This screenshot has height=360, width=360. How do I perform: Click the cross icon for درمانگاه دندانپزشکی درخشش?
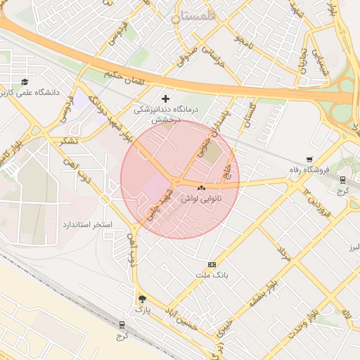(166, 98)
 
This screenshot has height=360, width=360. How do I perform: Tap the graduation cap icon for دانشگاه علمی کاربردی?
(26, 82)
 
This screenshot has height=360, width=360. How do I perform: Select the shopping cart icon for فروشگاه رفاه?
(310, 160)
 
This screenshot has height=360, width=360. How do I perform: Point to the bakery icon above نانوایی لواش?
(201, 188)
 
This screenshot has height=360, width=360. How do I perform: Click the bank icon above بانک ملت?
(212, 264)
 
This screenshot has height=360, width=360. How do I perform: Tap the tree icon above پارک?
(142, 298)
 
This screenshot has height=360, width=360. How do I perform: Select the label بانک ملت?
(212, 274)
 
